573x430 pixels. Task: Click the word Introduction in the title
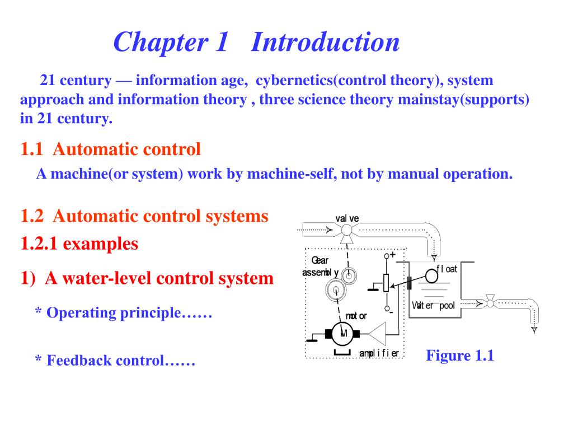pyautogui.click(x=325, y=43)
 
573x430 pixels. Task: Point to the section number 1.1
pyautogui.click(x=32, y=149)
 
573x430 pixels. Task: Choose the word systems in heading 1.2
pyautogui.click(x=238, y=216)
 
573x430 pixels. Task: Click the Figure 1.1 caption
pyautogui.click(x=459, y=356)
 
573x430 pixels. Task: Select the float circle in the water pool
pyautogui.click(x=431, y=275)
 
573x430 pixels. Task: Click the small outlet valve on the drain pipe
pyautogui.click(x=490, y=303)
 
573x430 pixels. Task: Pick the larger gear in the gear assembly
pyautogui.click(x=335, y=289)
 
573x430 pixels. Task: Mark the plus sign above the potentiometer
pyautogui.click(x=393, y=254)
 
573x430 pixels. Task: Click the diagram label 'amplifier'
pyautogui.click(x=379, y=353)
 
